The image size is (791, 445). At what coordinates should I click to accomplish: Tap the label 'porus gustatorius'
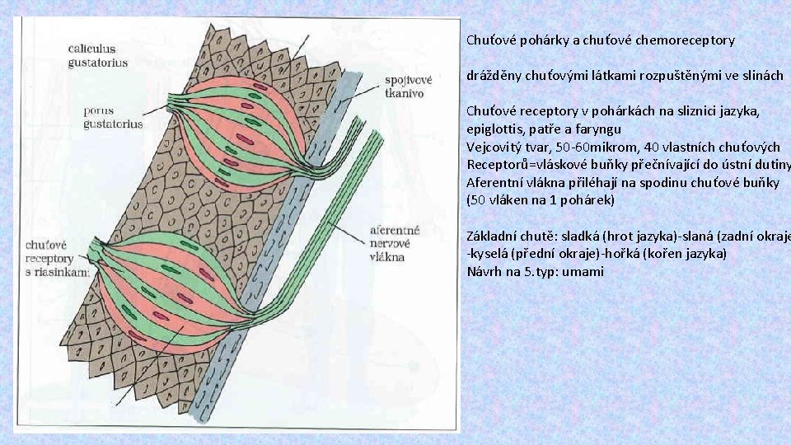click(x=112, y=117)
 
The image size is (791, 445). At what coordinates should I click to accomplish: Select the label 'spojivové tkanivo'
click(x=408, y=87)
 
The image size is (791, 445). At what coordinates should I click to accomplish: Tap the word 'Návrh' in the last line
click(x=485, y=271)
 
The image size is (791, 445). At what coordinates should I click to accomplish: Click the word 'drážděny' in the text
click(x=493, y=76)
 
